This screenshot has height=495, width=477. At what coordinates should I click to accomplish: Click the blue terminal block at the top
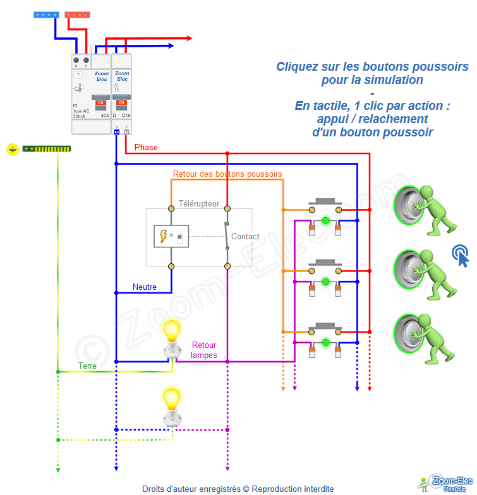pos(47,13)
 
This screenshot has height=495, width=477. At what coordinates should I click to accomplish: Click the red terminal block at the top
pos(78,13)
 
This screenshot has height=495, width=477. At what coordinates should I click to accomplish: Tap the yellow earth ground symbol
pos(12,149)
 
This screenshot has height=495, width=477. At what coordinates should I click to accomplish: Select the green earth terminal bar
pos(47,148)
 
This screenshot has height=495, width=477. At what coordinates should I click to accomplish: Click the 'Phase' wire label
pos(146,147)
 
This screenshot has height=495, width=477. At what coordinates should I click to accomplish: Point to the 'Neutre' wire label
pos(145,287)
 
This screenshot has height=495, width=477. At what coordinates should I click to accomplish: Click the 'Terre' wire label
pos(87,366)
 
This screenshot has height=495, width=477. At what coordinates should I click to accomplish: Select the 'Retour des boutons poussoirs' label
pos(227,173)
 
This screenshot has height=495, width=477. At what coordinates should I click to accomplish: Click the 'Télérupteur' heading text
pos(199,204)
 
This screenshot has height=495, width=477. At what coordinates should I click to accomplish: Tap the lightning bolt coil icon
pos(164,236)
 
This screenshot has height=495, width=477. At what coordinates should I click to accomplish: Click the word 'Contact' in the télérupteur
pos(245,237)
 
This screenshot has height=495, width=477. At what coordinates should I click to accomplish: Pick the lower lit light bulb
pos(171,398)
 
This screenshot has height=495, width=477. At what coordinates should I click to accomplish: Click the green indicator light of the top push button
pos(325,220)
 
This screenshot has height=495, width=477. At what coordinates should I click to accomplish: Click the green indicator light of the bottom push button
pos(325,343)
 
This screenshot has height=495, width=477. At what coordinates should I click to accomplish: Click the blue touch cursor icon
pos(461,255)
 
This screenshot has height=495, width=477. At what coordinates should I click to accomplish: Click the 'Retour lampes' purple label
pos(204,350)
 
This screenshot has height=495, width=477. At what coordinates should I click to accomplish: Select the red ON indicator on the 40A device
pos(100,102)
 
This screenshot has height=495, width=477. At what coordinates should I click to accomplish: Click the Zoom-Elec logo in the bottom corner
pos(445,483)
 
